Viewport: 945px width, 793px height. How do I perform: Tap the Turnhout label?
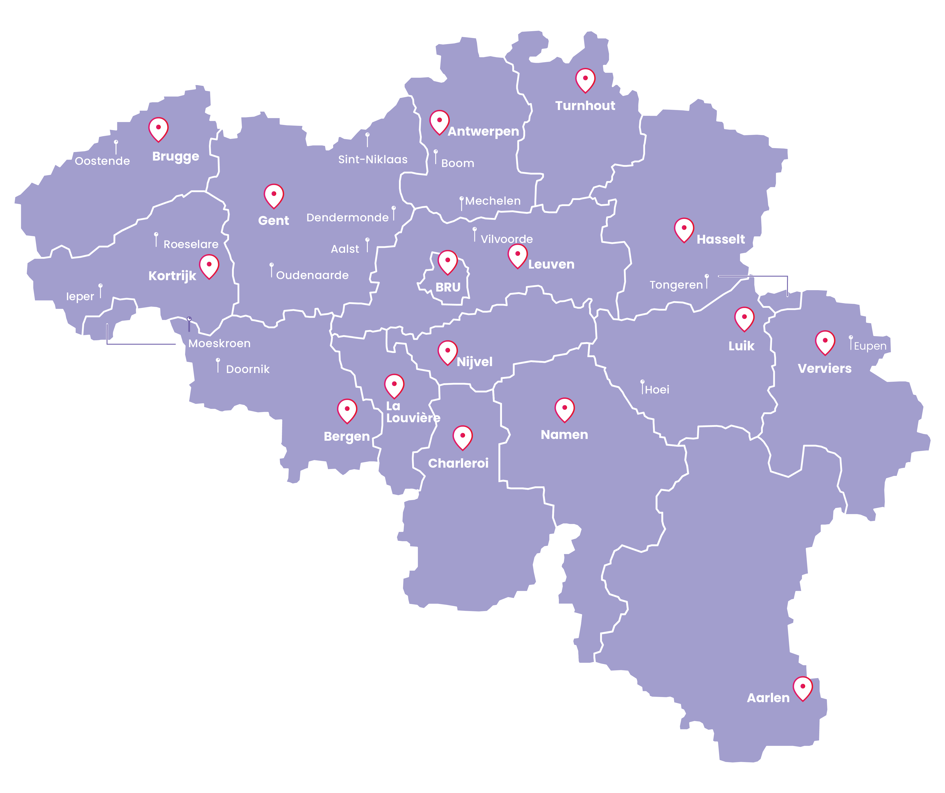[585, 106]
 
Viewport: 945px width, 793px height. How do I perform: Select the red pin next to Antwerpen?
[439, 122]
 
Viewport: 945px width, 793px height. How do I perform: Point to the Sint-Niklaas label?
[373, 159]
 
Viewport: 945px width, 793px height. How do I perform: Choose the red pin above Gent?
[274, 196]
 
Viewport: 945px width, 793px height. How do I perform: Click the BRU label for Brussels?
[448, 287]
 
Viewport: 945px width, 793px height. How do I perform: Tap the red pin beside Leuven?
[518, 255]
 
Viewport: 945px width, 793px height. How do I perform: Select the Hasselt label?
[720, 240]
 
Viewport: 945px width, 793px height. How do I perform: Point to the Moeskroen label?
[219, 344]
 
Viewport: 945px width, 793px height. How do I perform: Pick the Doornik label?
[247, 369]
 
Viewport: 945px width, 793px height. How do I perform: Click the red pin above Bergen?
[347, 410]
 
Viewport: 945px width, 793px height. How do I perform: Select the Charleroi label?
[458, 463]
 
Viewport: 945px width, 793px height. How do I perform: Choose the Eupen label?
[870, 346]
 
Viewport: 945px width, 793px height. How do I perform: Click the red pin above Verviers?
[825, 342]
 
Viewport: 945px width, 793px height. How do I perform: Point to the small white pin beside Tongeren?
[706, 281]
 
